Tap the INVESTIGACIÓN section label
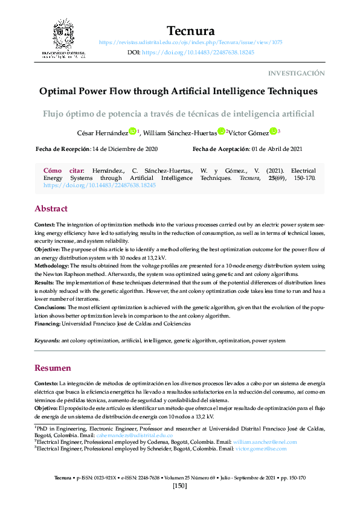(x=296, y=73)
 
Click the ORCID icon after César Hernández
(x=132, y=131)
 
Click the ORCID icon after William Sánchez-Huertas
(x=222, y=131)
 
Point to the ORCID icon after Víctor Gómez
(x=273, y=131)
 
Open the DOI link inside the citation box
(x=100, y=186)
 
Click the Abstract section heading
(x=51, y=208)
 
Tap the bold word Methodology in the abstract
(x=52, y=265)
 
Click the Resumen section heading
(x=53, y=368)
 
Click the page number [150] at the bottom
(x=180, y=486)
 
